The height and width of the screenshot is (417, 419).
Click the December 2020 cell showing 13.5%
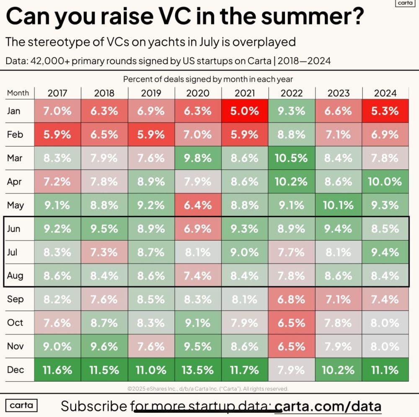(x=198, y=370)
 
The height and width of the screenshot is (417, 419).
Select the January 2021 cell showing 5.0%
(x=245, y=111)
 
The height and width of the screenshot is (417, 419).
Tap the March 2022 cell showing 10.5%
(x=292, y=158)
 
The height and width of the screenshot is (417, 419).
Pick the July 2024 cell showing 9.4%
(x=385, y=252)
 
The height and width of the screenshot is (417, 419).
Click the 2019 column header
(x=151, y=93)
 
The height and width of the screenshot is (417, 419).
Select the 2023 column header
(x=338, y=93)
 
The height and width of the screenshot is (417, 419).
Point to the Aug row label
(x=16, y=276)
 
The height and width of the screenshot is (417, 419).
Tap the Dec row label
(x=16, y=370)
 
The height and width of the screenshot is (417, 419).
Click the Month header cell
(x=18, y=93)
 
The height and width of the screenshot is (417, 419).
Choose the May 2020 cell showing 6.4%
(x=198, y=205)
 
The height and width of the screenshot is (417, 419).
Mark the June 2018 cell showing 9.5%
(x=104, y=229)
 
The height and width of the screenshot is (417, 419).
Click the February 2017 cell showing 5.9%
(x=57, y=135)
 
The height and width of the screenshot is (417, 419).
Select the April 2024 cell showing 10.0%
(x=385, y=182)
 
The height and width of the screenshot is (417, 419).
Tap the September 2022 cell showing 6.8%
(x=292, y=299)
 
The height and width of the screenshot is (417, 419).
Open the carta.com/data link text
(x=328, y=406)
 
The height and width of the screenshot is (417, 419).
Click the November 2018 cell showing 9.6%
(x=104, y=347)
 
